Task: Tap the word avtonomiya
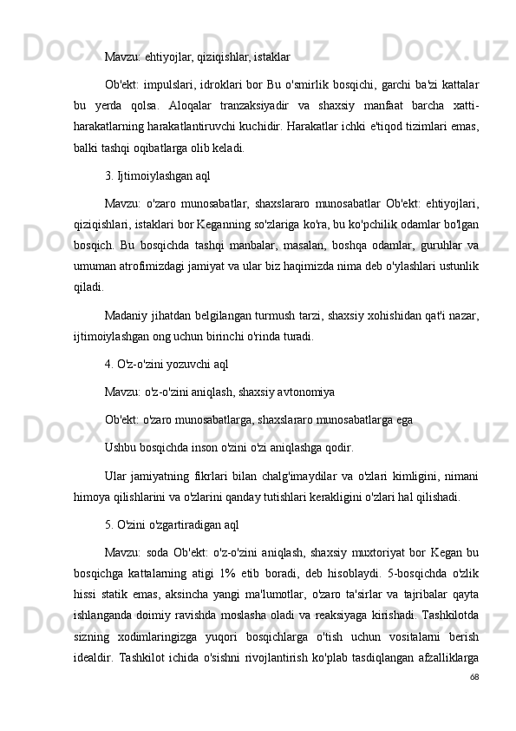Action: pos(303,392)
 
